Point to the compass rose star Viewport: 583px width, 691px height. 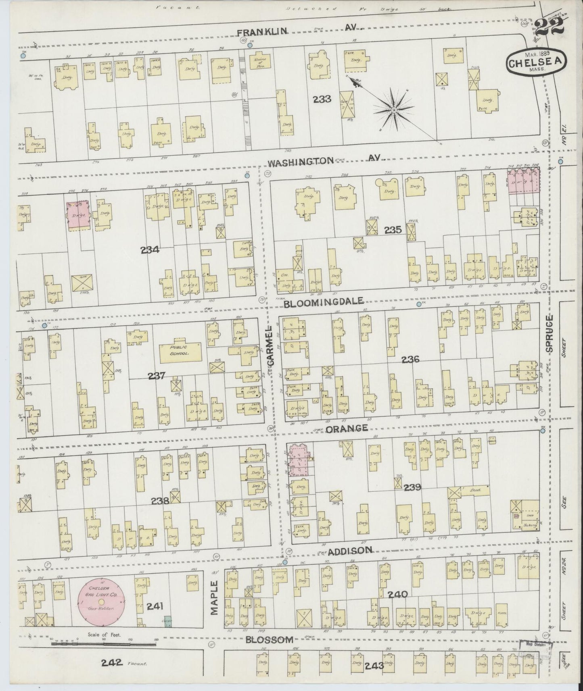point(393,109)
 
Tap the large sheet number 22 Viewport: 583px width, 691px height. point(549,27)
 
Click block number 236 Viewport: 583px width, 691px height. point(410,359)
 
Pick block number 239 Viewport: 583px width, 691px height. point(412,487)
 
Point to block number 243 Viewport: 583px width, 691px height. point(374,666)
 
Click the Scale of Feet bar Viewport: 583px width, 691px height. point(104,654)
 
